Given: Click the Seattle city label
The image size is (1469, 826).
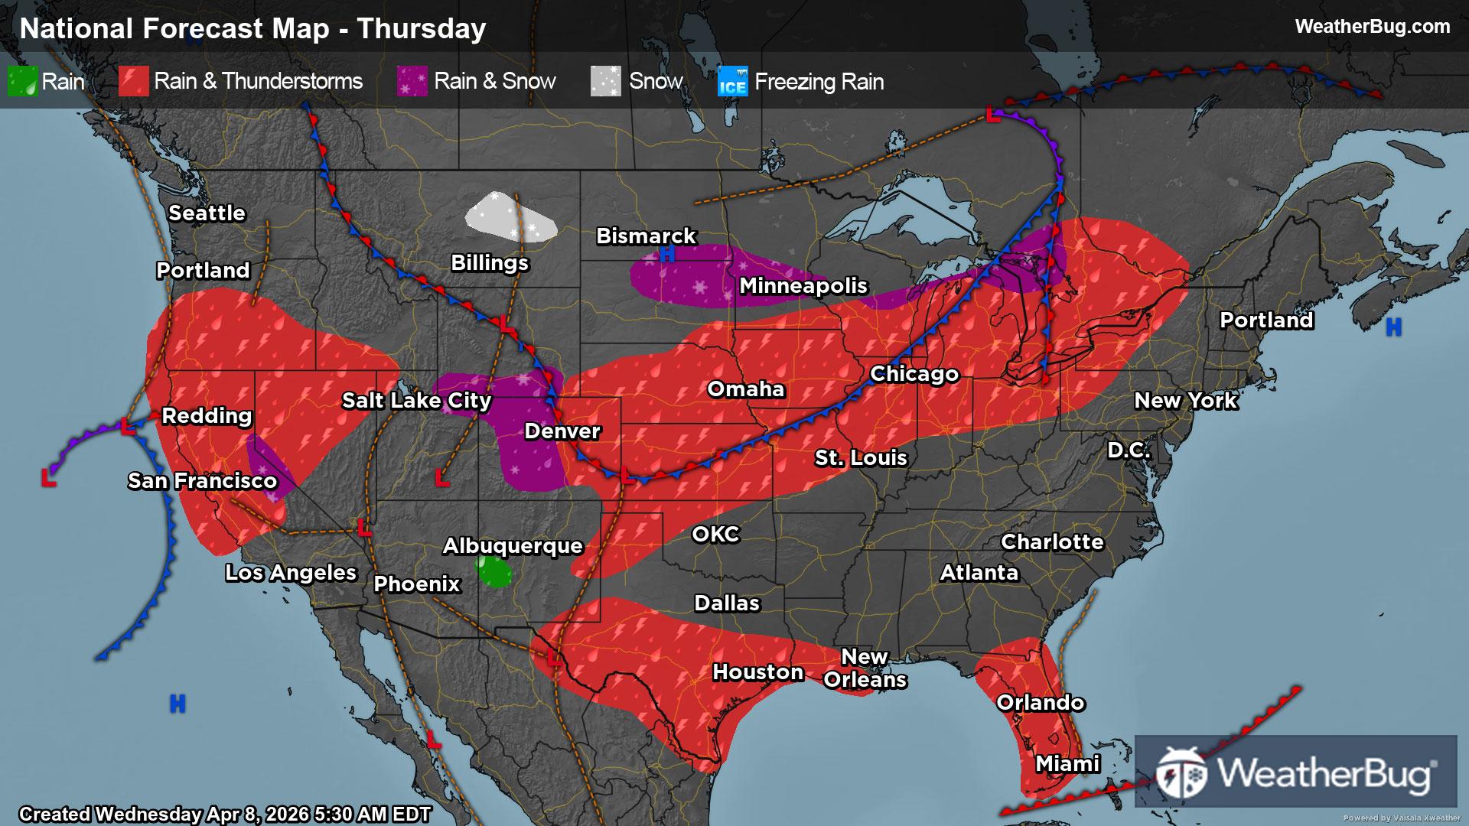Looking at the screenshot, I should [x=207, y=213].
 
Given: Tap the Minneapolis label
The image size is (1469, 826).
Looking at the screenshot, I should [x=803, y=285].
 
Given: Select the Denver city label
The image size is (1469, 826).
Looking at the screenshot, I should [x=562, y=431].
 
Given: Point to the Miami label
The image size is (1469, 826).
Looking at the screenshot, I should [x=1067, y=763].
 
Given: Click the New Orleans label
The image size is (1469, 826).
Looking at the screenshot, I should [x=865, y=668].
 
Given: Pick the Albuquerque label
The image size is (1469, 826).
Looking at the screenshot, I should [x=513, y=545].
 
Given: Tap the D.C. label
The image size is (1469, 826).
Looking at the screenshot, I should [x=1129, y=450].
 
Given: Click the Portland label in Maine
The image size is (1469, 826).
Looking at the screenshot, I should [x=1265, y=320].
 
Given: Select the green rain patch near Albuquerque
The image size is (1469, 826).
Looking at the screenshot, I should [x=493, y=571].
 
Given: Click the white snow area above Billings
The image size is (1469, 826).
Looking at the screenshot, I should [x=510, y=218].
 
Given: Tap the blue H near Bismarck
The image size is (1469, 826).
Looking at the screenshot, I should [x=667, y=255].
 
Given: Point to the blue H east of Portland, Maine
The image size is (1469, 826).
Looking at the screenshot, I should [x=1393, y=328].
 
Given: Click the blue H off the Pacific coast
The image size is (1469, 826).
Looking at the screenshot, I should [x=178, y=703].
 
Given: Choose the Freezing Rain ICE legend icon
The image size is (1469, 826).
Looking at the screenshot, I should [x=732, y=82].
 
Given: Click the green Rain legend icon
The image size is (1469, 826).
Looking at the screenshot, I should [x=22, y=81].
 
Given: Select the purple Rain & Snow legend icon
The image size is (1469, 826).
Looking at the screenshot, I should [x=412, y=81].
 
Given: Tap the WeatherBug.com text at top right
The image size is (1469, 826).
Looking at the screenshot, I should [x=1372, y=27].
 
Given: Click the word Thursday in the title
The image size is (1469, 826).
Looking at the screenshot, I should [x=422, y=28].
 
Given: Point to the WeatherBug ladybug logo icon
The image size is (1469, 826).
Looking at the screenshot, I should [x=1181, y=773].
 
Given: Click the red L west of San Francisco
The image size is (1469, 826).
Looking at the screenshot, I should [x=49, y=479].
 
